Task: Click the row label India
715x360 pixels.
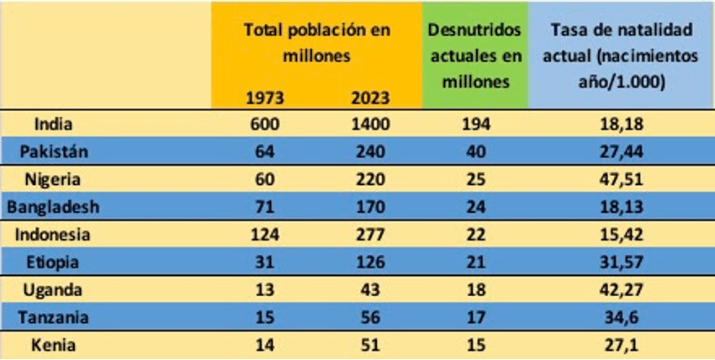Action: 51,124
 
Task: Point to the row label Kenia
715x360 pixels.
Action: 51,345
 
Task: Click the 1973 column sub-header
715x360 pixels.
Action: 263,96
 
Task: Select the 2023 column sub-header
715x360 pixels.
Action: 370,96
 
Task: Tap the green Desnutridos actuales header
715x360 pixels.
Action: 474,56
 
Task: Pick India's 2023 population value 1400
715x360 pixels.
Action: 370,124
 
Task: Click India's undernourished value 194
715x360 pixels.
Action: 474,124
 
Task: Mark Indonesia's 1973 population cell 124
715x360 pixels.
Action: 263,235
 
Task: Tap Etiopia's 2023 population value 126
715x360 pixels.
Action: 370,262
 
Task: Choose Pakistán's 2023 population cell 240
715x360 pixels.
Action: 370,152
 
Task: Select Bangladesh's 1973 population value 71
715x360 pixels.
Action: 263,207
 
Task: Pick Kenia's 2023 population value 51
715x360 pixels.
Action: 370,345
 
